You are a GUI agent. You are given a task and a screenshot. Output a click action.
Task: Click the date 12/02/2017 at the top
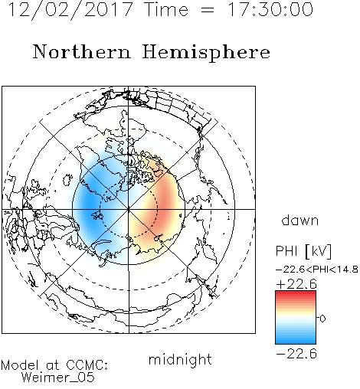point(70,9)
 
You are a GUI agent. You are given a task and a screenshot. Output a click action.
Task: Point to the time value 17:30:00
point(270,9)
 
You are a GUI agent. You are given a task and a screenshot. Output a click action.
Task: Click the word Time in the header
point(166,9)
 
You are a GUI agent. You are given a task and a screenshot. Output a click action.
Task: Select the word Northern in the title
point(82,51)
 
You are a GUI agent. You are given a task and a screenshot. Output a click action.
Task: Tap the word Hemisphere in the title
point(206,53)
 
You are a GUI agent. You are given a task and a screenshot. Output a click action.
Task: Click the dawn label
point(299,220)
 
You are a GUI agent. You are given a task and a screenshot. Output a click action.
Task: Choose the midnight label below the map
point(180,359)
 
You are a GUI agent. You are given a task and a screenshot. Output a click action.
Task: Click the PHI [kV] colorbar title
point(303,251)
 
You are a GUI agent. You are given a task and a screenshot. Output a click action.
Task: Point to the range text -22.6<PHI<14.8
point(316,270)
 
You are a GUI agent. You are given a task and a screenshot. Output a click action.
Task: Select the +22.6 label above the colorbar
point(296,284)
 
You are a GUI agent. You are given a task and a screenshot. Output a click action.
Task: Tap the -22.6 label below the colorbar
point(296,354)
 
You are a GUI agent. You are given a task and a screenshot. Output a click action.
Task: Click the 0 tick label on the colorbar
point(322,319)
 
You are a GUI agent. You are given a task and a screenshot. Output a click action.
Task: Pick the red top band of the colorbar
point(296,293)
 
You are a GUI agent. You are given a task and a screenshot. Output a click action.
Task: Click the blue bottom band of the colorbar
point(296,342)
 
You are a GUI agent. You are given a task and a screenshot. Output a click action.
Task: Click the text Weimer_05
point(58,378)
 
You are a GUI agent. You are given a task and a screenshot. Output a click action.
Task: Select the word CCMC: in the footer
point(87,365)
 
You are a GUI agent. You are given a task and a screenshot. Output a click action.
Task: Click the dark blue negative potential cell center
point(88,203)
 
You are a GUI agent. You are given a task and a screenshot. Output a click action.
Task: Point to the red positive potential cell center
point(166,201)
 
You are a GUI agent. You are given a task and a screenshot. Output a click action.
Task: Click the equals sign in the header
point(208,10)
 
